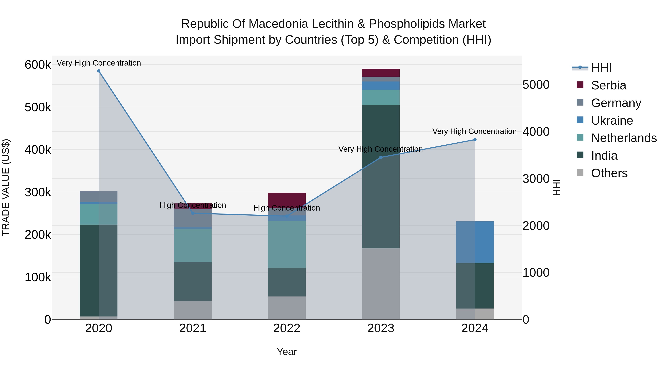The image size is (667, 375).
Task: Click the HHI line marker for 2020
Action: pos(99,71)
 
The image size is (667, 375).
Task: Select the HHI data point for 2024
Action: pos(475,140)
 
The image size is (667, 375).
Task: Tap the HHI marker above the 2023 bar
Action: pos(381,157)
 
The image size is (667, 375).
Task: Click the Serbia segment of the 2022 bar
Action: pos(287,200)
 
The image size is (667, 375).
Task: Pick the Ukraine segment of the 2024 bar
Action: pos(475,242)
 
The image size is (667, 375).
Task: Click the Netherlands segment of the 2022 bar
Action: pos(287,244)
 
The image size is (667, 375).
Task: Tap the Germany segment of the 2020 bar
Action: pos(99,196)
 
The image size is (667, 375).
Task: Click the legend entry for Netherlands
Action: pos(624,138)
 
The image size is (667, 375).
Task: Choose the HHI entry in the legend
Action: pos(601,68)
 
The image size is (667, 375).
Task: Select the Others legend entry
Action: pos(609,173)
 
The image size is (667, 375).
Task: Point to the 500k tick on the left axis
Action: pos(38,107)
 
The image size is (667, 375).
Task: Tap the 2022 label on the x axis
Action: pos(287,328)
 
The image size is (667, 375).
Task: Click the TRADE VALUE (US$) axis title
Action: pos(6,187)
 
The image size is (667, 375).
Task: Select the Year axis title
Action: pos(287,352)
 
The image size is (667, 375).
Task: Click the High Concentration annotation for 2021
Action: pos(193,205)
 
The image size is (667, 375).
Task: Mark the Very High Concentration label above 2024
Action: pos(474,131)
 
